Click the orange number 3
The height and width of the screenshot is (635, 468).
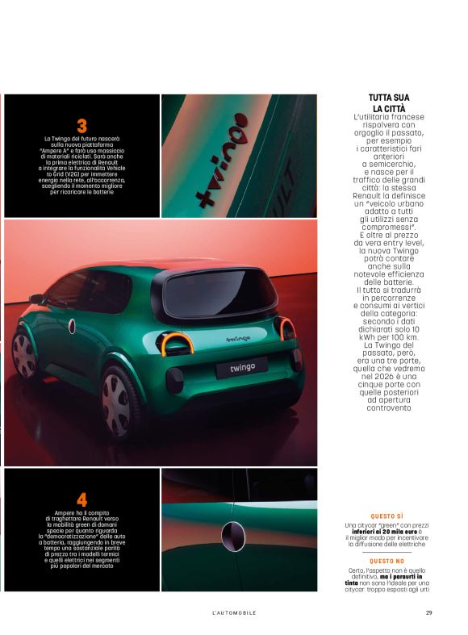pyautogui.click(x=81, y=125)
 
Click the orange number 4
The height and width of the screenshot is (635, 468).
pyautogui.click(x=81, y=499)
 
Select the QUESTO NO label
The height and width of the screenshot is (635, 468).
pyautogui.click(x=388, y=560)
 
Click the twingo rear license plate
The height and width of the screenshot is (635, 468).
pyautogui.click(x=241, y=367)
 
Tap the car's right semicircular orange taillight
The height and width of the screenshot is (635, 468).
pyautogui.click(x=286, y=328)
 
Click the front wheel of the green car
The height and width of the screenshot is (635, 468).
pyautogui.click(x=24, y=355)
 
